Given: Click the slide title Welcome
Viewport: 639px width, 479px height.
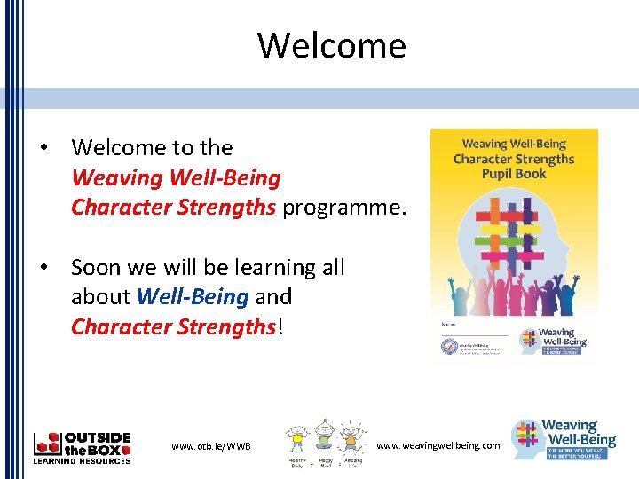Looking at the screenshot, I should pos(331,45).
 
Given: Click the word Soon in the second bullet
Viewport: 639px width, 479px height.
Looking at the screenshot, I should pos(96,267).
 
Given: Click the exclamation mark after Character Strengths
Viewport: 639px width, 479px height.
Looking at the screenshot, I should pos(280,326).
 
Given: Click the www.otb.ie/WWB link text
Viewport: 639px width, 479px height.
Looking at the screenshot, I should pos(211,445).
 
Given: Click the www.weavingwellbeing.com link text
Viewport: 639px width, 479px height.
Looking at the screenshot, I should pos(438,444).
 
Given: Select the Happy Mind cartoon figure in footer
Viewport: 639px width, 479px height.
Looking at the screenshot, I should pos(324,439).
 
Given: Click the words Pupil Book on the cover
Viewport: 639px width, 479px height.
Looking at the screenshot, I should pos(514,174).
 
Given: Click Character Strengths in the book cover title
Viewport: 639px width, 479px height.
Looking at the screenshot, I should pos(514,159).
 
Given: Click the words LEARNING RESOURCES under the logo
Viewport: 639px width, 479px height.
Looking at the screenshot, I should pos(82,460).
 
